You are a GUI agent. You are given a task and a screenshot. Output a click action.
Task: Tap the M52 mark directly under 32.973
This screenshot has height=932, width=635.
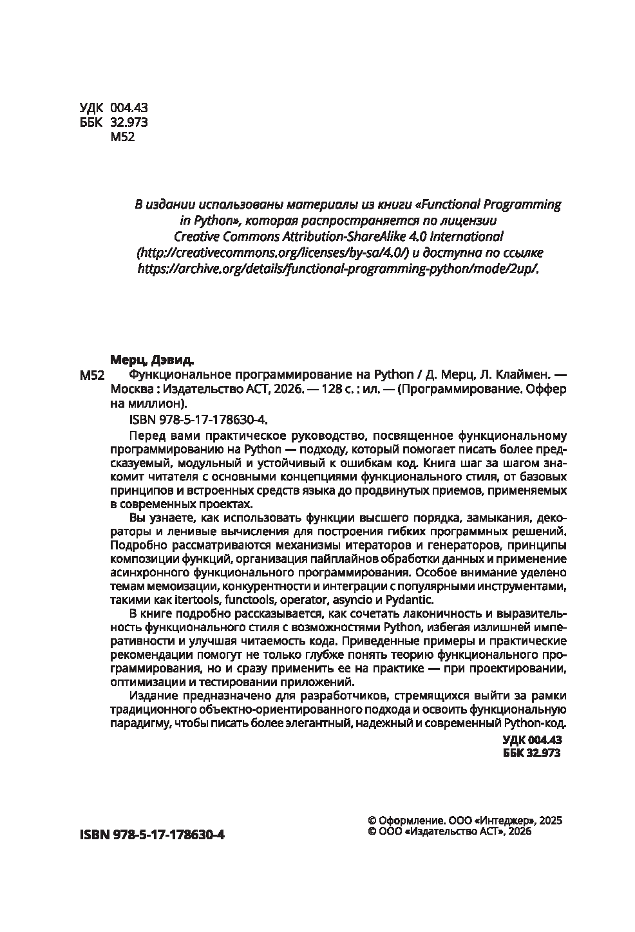coord(122,137)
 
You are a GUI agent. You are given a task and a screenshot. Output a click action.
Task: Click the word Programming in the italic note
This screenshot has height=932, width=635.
coord(526,205)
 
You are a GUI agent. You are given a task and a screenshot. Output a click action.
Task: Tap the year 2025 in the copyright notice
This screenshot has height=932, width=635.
coord(551,821)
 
